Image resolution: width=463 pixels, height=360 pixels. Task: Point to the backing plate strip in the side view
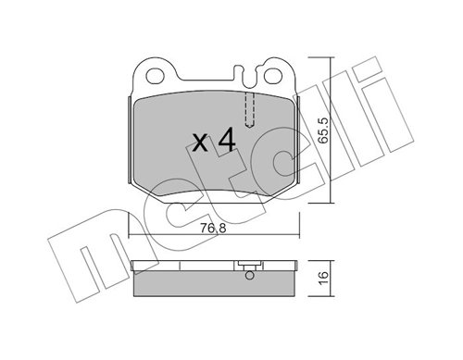[x=185, y=269]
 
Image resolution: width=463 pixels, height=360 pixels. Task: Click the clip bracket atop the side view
[x=247, y=264]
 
